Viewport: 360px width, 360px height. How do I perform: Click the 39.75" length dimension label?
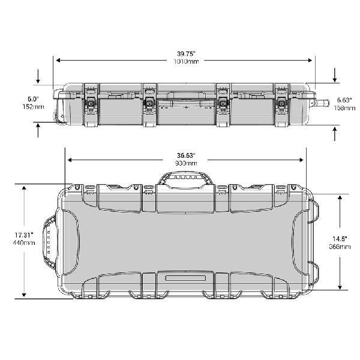click(186, 54)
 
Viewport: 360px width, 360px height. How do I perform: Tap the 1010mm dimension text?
click(186, 61)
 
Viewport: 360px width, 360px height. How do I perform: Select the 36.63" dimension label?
click(186, 155)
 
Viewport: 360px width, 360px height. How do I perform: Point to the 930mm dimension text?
click(186, 163)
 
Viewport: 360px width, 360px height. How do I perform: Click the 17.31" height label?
click(24, 235)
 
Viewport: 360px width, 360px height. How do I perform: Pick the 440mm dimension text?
click(24, 242)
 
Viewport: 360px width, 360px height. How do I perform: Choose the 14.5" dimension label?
click(340, 239)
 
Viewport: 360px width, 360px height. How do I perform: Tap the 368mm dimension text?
click(340, 247)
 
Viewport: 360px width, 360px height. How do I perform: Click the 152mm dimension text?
click(33, 107)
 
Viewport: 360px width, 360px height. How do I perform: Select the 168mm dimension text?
click(344, 107)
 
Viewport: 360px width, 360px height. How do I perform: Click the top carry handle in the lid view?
click(185, 178)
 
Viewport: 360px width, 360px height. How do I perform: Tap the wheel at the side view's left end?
click(59, 117)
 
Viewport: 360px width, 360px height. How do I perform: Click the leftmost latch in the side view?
click(91, 104)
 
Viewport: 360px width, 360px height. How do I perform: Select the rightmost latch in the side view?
click(282, 104)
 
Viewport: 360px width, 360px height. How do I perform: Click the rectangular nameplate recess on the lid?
click(185, 278)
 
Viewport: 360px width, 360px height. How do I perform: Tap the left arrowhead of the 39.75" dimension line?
click(58, 61)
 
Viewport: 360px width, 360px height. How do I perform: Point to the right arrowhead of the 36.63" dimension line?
click(301, 160)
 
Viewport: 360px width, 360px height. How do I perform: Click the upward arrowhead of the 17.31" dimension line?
click(24, 189)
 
